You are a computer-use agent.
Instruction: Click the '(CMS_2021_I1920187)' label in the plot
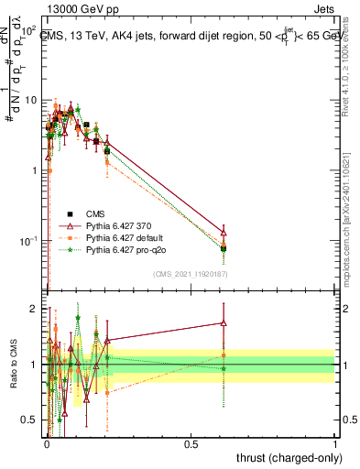click(x=190, y=274)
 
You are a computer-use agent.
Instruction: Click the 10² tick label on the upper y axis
click(x=30, y=30)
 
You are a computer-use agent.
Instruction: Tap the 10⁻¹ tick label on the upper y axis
click(x=30, y=241)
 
